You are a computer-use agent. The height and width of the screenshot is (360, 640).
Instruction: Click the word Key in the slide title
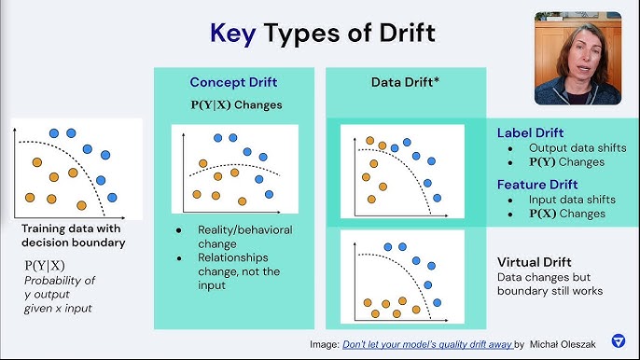pos(233,35)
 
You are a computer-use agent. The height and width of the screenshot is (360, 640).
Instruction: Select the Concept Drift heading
pos(234,82)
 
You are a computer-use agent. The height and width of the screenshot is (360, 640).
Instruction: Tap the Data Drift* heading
pos(406,82)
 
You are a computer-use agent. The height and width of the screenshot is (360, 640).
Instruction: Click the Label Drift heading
pos(530,132)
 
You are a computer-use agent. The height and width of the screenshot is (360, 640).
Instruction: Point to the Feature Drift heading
pos(537,185)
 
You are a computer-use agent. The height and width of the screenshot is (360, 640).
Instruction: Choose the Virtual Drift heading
pos(534,262)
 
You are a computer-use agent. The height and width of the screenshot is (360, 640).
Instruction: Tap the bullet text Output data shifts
pos(577,147)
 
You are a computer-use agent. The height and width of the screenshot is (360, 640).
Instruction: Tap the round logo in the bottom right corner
pos(618,340)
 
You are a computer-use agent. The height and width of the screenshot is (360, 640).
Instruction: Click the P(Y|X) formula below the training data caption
pos(44,266)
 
